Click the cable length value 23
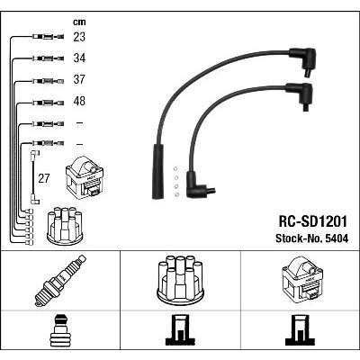click(x=79, y=37)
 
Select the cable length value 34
click(x=79, y=58)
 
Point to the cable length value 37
click(x=79, y=79)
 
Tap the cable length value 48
click(x=79, y=101)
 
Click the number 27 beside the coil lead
click(x=44, y=178)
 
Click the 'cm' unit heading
click(x=79, y=22)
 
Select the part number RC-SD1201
click(x=312, y=221)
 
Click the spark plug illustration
click(x=60, y=281)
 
